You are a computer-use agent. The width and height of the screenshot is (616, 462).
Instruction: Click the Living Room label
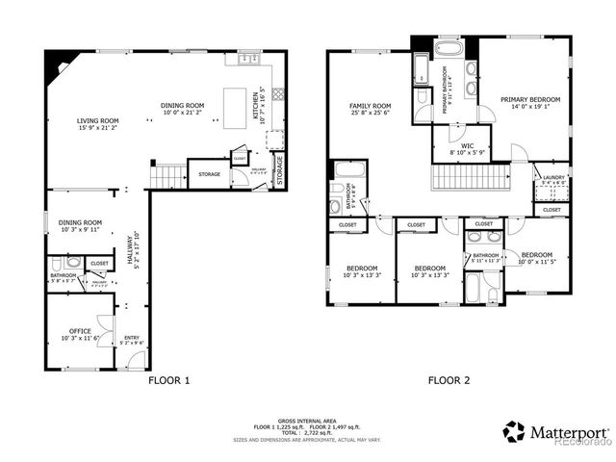(98, 123)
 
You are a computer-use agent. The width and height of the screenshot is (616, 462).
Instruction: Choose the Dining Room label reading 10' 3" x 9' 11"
(80, 225)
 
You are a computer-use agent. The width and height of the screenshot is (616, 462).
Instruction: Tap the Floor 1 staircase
(168, 176)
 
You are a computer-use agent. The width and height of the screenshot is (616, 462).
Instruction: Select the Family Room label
(370, 109)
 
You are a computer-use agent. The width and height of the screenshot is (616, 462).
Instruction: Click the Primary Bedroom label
(530, 103)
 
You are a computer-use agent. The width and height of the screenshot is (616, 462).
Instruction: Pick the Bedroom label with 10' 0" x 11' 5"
(537, 259)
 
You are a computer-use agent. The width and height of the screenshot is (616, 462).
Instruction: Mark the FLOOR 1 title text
(168, 380)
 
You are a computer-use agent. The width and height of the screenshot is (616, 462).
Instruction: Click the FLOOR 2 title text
(449, 380)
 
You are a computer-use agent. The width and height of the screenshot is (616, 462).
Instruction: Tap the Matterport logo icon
(514, 431)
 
